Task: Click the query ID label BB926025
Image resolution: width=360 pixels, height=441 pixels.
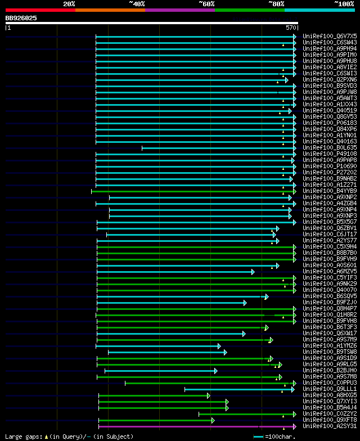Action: click(x=21, y=18)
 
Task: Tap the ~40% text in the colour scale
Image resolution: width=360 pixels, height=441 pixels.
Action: click(x=137, y=3)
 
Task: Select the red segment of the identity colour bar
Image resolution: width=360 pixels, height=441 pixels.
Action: click(x=40, y=10)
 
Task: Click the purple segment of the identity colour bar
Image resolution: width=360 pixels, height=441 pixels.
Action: click(x=179, y=10)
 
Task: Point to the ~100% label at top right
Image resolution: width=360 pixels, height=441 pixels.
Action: click(x=344, y=3)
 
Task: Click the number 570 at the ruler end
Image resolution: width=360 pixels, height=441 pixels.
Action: click(x=291, y=27)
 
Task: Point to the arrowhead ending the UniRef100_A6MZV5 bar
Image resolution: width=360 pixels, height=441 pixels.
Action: click(x=253, y=272)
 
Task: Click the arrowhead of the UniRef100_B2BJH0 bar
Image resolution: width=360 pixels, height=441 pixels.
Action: click(x=215, y=371)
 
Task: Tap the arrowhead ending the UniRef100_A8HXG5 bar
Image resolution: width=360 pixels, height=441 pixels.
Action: click(x=208, y=395)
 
